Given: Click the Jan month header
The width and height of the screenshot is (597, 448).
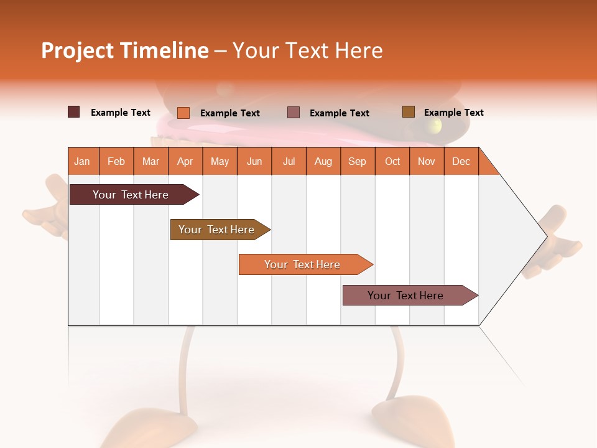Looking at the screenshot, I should pyautogui.click(x=82, y=161).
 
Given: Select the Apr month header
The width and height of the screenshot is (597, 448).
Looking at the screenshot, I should pyautogui.click(x=185, y=161).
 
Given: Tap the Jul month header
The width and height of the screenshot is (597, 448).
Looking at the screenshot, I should pyautogui.click(x=289, y=161).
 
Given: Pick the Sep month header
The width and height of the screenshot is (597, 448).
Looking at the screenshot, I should pyautogui.click(x=357, y=161).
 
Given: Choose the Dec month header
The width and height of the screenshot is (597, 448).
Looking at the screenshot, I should pyautogui.click(x=461, y=161).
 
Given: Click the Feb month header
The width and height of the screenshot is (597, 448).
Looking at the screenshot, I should pyautogui.click(x=116, y=161).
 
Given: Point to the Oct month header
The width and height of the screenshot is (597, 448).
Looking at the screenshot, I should pyautogui.click(x=392, y=161).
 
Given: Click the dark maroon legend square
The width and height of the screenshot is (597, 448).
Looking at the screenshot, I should pyautogui.click(x=74, y=112).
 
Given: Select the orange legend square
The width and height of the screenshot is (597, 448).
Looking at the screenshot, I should pyautogui.click(x=183, y=113).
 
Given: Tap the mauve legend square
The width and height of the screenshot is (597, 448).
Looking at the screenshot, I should pyautogui.click(x=294, y=113).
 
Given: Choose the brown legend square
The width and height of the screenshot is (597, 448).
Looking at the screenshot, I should pyautogui.click(x=408, y=112).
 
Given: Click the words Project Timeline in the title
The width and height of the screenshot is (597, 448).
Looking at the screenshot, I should pyautogui.click(x=124, y=50).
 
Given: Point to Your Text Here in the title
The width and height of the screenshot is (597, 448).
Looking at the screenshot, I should pyautogui.click(x=307, y=50).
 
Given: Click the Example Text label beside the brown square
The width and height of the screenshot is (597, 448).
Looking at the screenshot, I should pyautogui.click(x=453, y=113).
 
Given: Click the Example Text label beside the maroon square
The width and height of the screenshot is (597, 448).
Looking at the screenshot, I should pyautogui.click(x=120, y=113).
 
